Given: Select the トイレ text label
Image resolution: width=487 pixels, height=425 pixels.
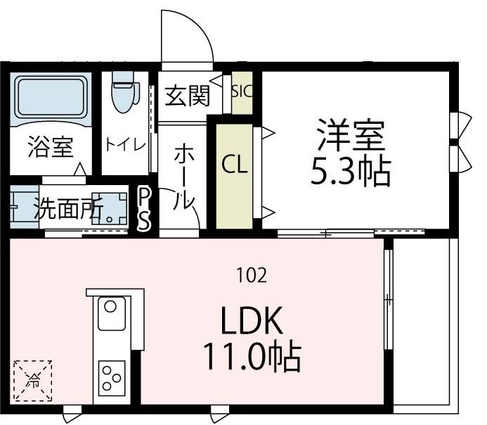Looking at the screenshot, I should pyautogui.click(x=126, y=144).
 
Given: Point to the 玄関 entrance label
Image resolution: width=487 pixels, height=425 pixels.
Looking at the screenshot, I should pyautogui.click(x=188, y=95).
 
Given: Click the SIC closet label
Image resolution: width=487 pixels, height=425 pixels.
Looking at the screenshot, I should pyautogui.click(x=242, y=91).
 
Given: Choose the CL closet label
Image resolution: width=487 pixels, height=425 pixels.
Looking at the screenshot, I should pyautogui.click(x=235, y=165).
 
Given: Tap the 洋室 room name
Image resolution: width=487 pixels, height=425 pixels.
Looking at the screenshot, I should pyautogui.click(x=351, y=135).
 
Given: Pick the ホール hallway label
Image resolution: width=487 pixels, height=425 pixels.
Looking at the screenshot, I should pyautogui.click(x=184, y=176).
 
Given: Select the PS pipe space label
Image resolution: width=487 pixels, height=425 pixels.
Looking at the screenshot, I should pyautogui.click(x=143, y=208).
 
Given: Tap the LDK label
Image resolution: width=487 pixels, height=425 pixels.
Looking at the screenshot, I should pyautogui.click(x=252, y=322).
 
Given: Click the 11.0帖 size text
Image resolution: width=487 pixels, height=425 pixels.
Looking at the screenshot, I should pyautogui.click(x=252, y=357).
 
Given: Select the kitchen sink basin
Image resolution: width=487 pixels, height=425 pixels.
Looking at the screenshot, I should pyautogui.click(x=111, y=312).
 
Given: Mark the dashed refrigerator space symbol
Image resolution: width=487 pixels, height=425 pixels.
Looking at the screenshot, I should pyautogui.click(x=33, y=381).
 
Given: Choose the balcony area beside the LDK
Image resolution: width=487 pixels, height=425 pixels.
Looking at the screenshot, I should pyautogui.click(x=424, y=324).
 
